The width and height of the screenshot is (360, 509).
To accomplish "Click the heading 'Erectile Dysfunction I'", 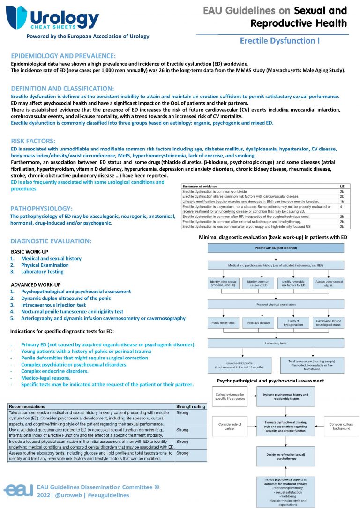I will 280,41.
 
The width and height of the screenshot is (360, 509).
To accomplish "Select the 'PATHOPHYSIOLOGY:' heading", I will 41,208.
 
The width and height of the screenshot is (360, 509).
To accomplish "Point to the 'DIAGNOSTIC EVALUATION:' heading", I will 51,241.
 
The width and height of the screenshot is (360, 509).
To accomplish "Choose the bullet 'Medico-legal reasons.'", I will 46,378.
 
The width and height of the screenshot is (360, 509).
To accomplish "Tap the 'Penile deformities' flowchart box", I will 224,322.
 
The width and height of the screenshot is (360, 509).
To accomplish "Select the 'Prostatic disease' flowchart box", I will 258,322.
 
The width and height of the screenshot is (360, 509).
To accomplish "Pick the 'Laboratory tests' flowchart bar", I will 276,343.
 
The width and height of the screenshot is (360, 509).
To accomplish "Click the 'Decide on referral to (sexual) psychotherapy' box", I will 285,456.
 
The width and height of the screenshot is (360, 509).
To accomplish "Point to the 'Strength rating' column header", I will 190,406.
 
